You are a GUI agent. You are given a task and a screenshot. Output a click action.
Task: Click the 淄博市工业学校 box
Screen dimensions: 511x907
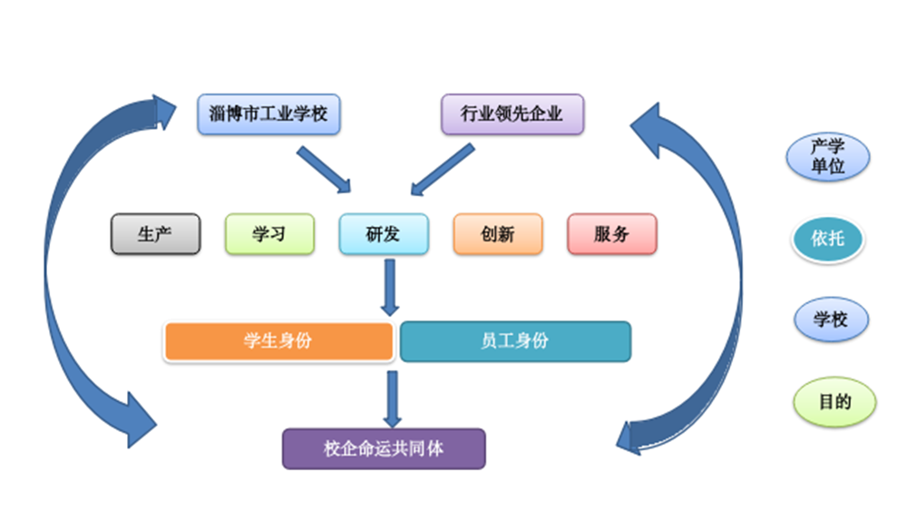[268, 114]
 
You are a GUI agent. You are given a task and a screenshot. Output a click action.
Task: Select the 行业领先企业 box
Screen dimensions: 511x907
[512, 114]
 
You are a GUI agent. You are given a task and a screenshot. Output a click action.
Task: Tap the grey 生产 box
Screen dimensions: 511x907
[155, 234]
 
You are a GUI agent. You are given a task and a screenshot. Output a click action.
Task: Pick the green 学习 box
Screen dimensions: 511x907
[269, 234]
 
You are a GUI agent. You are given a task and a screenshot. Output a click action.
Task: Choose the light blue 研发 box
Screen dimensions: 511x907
[384, 234]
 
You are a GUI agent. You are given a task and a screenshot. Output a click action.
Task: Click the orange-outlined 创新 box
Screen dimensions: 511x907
[498, 234]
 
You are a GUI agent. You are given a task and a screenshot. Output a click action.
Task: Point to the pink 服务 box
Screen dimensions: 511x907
[612, 234]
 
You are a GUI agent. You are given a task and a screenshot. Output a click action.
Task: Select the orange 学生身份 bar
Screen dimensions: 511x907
[278, 342]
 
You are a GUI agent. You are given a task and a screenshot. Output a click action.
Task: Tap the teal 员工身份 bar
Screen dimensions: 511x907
[515, 342]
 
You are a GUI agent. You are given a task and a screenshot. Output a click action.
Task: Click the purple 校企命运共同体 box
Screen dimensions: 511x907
[384, 448]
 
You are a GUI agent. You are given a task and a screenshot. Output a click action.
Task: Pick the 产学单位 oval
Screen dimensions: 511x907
[827, 156]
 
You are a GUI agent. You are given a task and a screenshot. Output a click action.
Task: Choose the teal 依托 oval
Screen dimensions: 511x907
[827, 239]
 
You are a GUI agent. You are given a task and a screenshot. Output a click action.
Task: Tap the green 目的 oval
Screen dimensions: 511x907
[834, 401]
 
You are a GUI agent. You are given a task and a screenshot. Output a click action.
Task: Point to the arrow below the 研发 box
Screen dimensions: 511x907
[390, 287]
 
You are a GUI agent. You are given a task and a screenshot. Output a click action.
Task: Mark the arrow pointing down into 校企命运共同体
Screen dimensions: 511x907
[392, 398]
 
